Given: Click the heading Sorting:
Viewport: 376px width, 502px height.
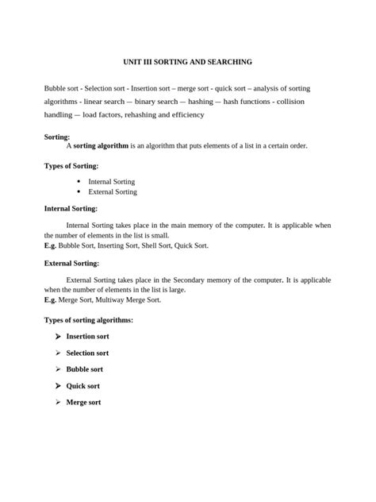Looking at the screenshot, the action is [57, 137].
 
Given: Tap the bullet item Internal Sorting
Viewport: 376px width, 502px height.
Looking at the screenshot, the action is [112, 182].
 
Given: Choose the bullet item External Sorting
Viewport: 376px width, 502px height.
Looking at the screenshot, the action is [113, 191].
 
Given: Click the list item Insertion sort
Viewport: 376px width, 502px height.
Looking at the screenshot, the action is [87, 337].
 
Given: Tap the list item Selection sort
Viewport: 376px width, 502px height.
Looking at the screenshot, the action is [87, 353].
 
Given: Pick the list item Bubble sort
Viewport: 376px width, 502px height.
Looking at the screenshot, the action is [84, 369].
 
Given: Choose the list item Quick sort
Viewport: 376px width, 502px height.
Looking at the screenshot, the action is [82, 386].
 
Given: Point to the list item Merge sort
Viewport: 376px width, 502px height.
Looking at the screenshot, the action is [83, 403].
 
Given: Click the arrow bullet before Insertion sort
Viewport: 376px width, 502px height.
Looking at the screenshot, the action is [58, 337].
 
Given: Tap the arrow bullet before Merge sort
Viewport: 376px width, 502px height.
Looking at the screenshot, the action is [58, 403].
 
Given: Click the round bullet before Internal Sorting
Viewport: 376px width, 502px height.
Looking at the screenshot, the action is [79, 181].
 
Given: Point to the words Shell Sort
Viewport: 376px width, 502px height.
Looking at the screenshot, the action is [155, 246].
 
